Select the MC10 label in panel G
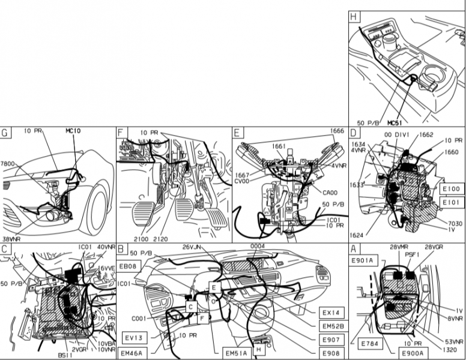pyautogui.click(x=73, y=131)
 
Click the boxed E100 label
pyautogui.click(x=452, y=188)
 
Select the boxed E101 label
pyautogui.click(x=452, y=202)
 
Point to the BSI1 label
pyautogui.click(x=65, y=355)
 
